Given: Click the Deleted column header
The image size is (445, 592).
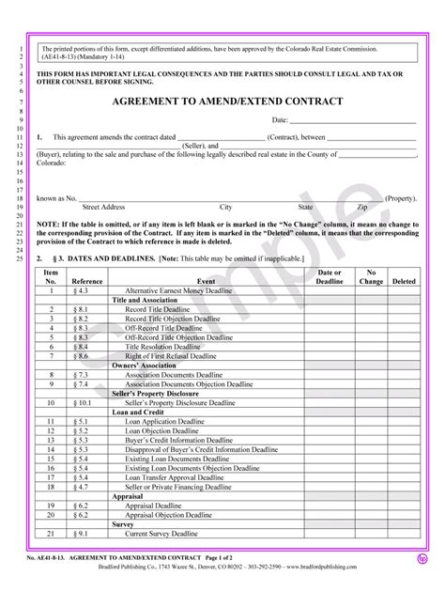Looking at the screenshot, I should [x=405, y=280].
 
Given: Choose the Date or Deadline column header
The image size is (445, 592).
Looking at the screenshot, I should [x=330, y=275].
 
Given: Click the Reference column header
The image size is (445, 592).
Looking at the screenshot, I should [x=87, y=280].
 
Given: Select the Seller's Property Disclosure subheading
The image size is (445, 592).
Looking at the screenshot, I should [x=160, y=393].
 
